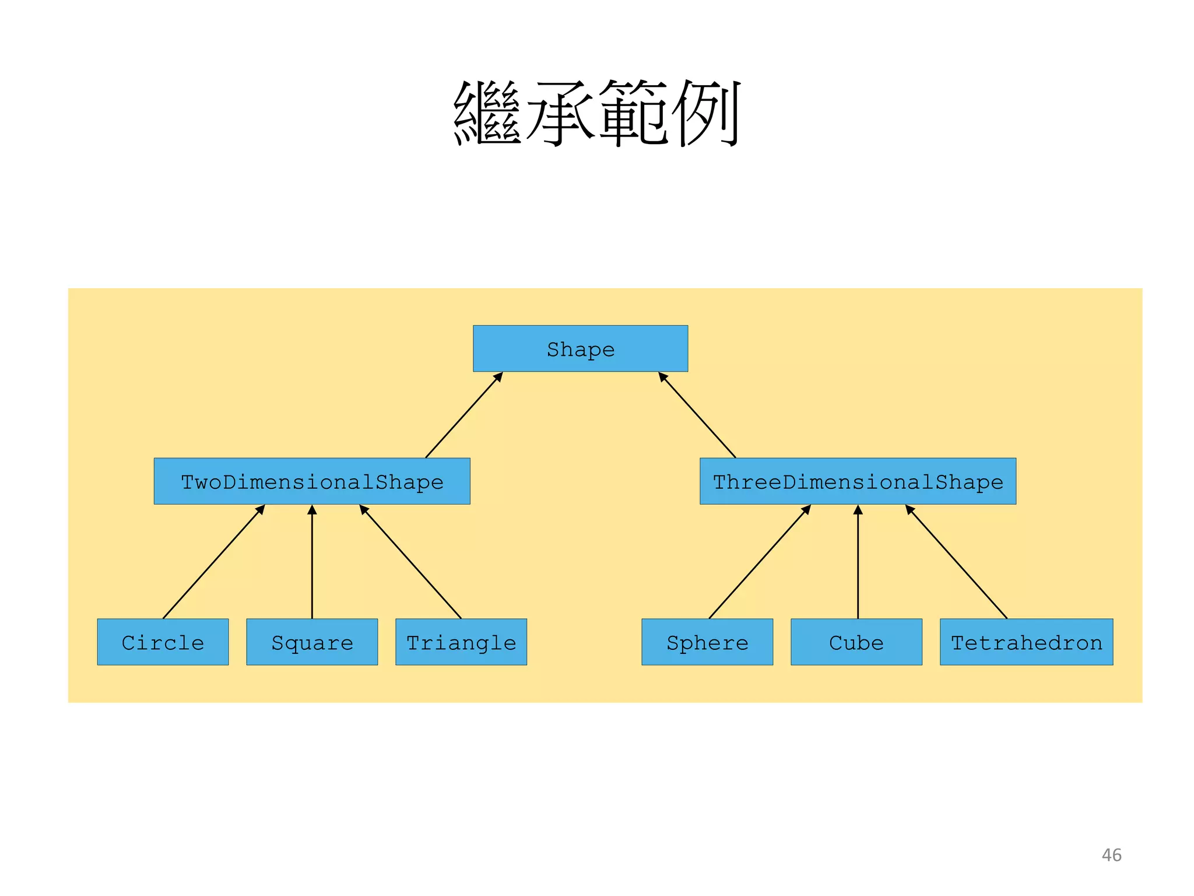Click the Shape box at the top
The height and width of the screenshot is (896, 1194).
pos(580,349)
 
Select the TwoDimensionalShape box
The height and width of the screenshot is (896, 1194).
pos(312,481)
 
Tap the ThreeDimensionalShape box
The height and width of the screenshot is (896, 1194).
pos(858,481)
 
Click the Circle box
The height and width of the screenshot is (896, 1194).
pos(163,642)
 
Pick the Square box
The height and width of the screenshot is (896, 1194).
pos(312,642)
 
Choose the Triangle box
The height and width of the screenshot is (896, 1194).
pos(461,642)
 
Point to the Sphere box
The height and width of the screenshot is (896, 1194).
pos(707,642)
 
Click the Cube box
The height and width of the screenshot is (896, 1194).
pos(856,642)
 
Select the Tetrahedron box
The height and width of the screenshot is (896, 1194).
pos(1026,642)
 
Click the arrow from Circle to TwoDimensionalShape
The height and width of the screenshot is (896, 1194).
pos(214,562)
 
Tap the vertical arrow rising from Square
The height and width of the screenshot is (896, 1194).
pos(312,563)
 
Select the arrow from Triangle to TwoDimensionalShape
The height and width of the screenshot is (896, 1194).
pos(410,562)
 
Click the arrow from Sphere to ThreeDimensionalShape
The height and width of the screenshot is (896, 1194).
pos(760,562)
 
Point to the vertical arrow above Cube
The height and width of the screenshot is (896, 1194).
pos(858,563)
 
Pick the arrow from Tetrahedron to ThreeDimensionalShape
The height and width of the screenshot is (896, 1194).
pos(956,562)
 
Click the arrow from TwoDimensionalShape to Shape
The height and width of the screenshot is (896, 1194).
pos(464,415)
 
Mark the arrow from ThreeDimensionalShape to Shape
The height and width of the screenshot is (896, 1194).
pos(697,415)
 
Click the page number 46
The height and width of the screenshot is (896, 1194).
pos(1111,855)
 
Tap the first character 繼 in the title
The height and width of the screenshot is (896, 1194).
pos(487,113)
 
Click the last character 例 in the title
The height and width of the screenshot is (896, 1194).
pos(706,113)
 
